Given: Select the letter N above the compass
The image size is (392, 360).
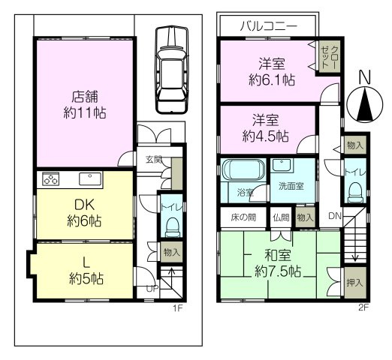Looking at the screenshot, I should [x=365, y=77].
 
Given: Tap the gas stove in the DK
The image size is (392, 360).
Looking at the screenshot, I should [x=51, y=179].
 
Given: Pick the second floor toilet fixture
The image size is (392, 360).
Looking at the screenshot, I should [x=354, y=190].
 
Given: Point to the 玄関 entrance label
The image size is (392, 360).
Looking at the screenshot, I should [x=153, y=158].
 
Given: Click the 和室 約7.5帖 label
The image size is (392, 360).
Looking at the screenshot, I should [x=273, y=262].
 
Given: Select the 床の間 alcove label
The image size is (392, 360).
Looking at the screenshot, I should [x=241, y=217].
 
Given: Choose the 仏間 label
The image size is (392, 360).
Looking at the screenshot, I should [x=280, y=217].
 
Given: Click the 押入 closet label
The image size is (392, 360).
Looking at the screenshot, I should [x=354, y=283].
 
